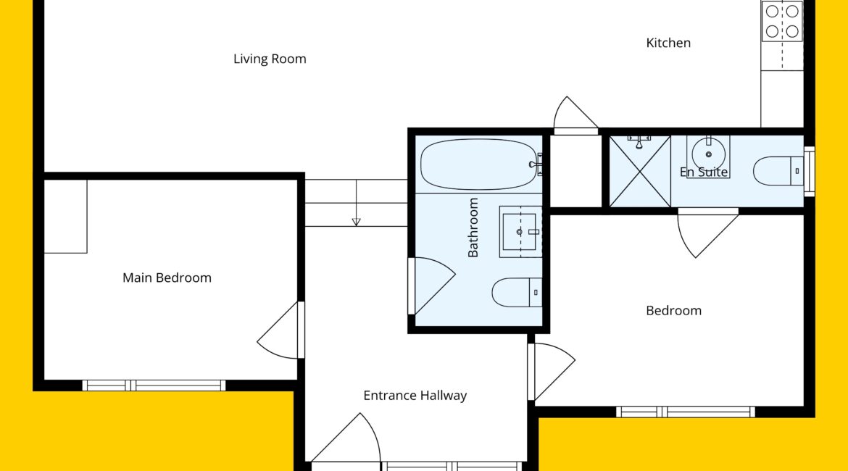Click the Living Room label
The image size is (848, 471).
tap(270, 59)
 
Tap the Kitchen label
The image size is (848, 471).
tap(668, 43)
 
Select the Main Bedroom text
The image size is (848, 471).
tap(167, 278)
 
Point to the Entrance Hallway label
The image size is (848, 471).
tap(415, 396)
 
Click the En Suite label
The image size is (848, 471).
tap(704, 172)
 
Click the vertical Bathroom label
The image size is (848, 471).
tap(473, 227)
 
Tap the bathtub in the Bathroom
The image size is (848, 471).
tap(479, 164)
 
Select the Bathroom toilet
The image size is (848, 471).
tap(517, 293)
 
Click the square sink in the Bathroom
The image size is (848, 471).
tap(520, 231)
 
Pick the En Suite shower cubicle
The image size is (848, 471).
tap(640, 172)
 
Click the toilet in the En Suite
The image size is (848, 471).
tap(778, 171)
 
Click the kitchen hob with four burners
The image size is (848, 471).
tap(782, 21)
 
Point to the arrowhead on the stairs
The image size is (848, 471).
tap(357, 222)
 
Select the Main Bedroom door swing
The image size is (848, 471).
tap(278, 330)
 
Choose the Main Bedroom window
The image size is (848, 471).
tap(154, 385)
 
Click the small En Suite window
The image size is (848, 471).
tap(810, 172)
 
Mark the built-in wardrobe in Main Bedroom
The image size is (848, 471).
tap(65, 217)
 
